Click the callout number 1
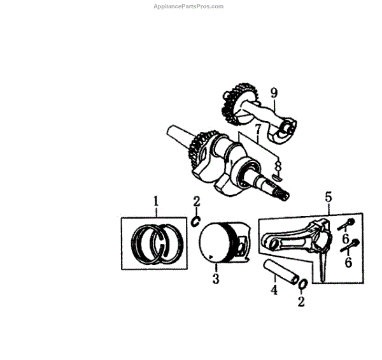point(155,202)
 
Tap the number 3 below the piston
point(216,278)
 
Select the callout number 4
point(274,291)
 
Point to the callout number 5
point(329,198)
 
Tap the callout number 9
point(274,94)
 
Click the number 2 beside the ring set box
point(197,203)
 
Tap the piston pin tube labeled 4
point(281,270)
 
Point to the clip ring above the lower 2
point(302,284)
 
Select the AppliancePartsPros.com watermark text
point(189,6)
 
